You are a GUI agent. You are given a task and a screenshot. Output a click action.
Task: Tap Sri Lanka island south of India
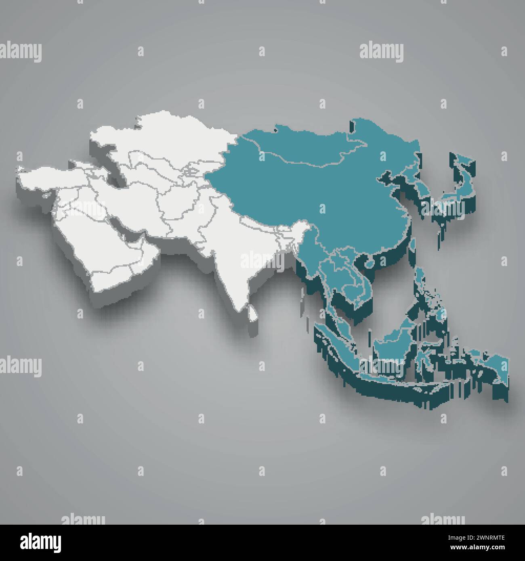pos(253,313)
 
